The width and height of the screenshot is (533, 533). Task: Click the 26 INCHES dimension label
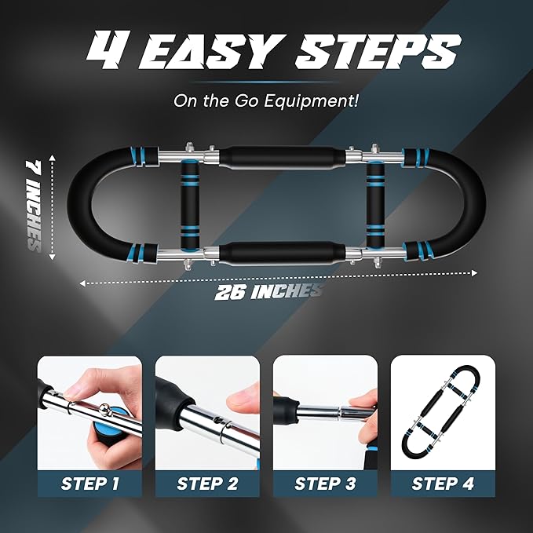click(269, 291)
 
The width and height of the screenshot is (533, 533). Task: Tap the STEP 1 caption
click(89, 484)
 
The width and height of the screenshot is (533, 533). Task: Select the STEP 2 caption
click(207, 484)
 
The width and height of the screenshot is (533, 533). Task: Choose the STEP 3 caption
click(325, 484)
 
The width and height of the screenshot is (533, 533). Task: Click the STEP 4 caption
click(443, 484)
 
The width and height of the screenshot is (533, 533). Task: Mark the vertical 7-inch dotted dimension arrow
click(51, 205)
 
